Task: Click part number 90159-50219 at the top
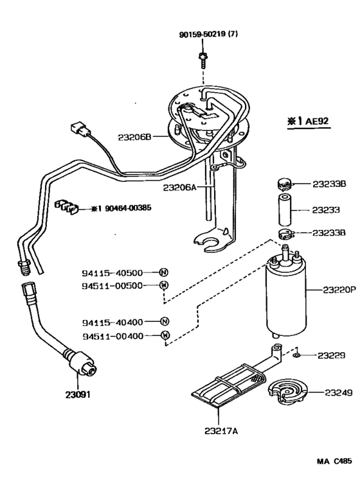coord(208,34)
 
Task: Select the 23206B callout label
coord(134,137)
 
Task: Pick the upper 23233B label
coord(329,184)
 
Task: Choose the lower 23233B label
coord(329,234)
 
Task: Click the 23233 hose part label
coord(327,209)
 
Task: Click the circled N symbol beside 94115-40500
coord(164,272)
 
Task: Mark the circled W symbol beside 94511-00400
coord(165,335)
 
